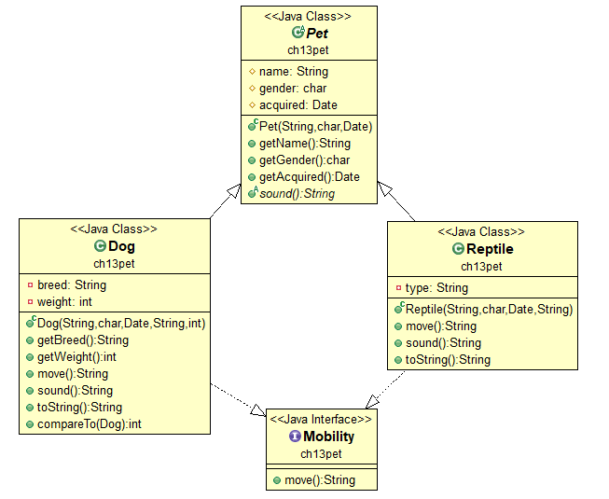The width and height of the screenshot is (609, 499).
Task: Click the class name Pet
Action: [317, 33]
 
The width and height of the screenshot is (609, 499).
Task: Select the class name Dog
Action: [121, 247]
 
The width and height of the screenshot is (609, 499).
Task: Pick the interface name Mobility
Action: [328, 437]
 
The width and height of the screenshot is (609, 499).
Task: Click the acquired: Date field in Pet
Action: [298, 104]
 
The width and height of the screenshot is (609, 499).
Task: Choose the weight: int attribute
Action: [66, 301]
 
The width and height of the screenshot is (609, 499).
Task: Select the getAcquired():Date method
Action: [309, 176]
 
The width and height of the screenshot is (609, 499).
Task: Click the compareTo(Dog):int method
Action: [90, 423]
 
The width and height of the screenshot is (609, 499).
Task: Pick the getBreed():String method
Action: [83, 340]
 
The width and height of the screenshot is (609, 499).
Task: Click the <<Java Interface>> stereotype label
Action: [322, 420]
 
